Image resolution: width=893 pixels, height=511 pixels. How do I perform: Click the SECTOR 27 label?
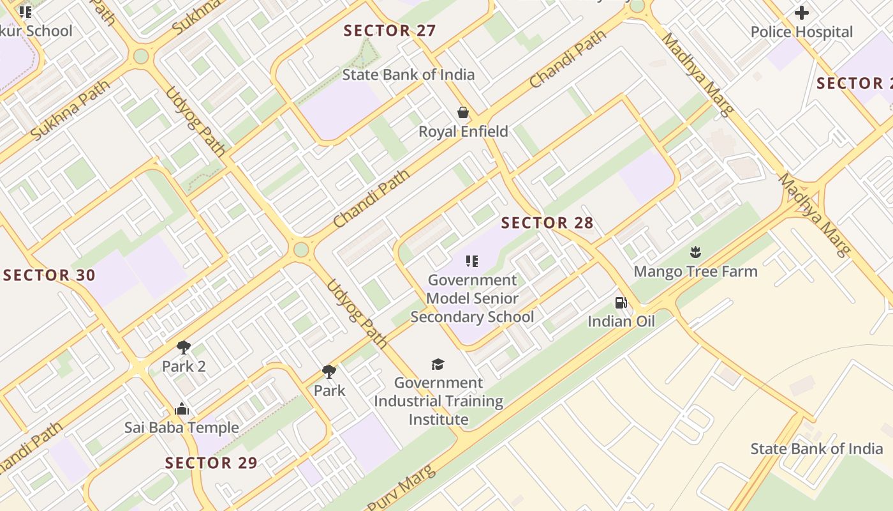[x=390, y=31]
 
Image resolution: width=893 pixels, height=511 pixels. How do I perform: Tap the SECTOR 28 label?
[x=547, y=223]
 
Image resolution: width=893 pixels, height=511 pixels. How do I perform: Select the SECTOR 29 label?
[x=211, y=462]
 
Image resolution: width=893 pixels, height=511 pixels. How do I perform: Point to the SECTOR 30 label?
[x=49, y=275]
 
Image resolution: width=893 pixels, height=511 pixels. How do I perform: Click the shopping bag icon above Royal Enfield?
[x=463, y=113]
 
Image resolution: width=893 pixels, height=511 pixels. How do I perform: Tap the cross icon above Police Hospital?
[x=802, y=12]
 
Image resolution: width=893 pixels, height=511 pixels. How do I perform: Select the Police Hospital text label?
[x=801, y=32]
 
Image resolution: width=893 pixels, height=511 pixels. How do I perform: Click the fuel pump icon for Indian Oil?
[x=621, y=303]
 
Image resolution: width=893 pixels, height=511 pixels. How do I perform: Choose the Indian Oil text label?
[x=621, y=321]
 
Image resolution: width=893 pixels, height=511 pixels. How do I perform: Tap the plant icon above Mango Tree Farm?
[x=695, y=252]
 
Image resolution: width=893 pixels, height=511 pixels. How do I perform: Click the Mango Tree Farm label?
[x=695, y=271]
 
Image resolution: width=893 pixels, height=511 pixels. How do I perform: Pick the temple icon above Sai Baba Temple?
[x=182, y=409]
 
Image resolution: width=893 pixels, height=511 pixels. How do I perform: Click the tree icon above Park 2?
[x=184, y=347]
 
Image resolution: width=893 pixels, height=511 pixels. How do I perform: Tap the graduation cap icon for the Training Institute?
[x=438, y=364]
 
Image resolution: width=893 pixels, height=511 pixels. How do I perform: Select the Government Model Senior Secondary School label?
[x=472, y=298]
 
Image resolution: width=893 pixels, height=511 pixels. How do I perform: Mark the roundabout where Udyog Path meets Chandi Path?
[x=301, y=249]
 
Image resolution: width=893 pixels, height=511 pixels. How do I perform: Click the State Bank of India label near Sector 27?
[x=408, y=75]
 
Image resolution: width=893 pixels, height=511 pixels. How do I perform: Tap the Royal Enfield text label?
[x=463, y=132]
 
